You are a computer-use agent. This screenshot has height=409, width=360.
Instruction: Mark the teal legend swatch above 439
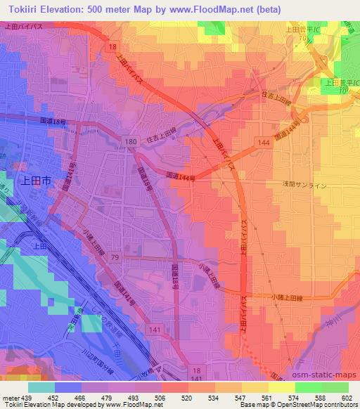(41, 387)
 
